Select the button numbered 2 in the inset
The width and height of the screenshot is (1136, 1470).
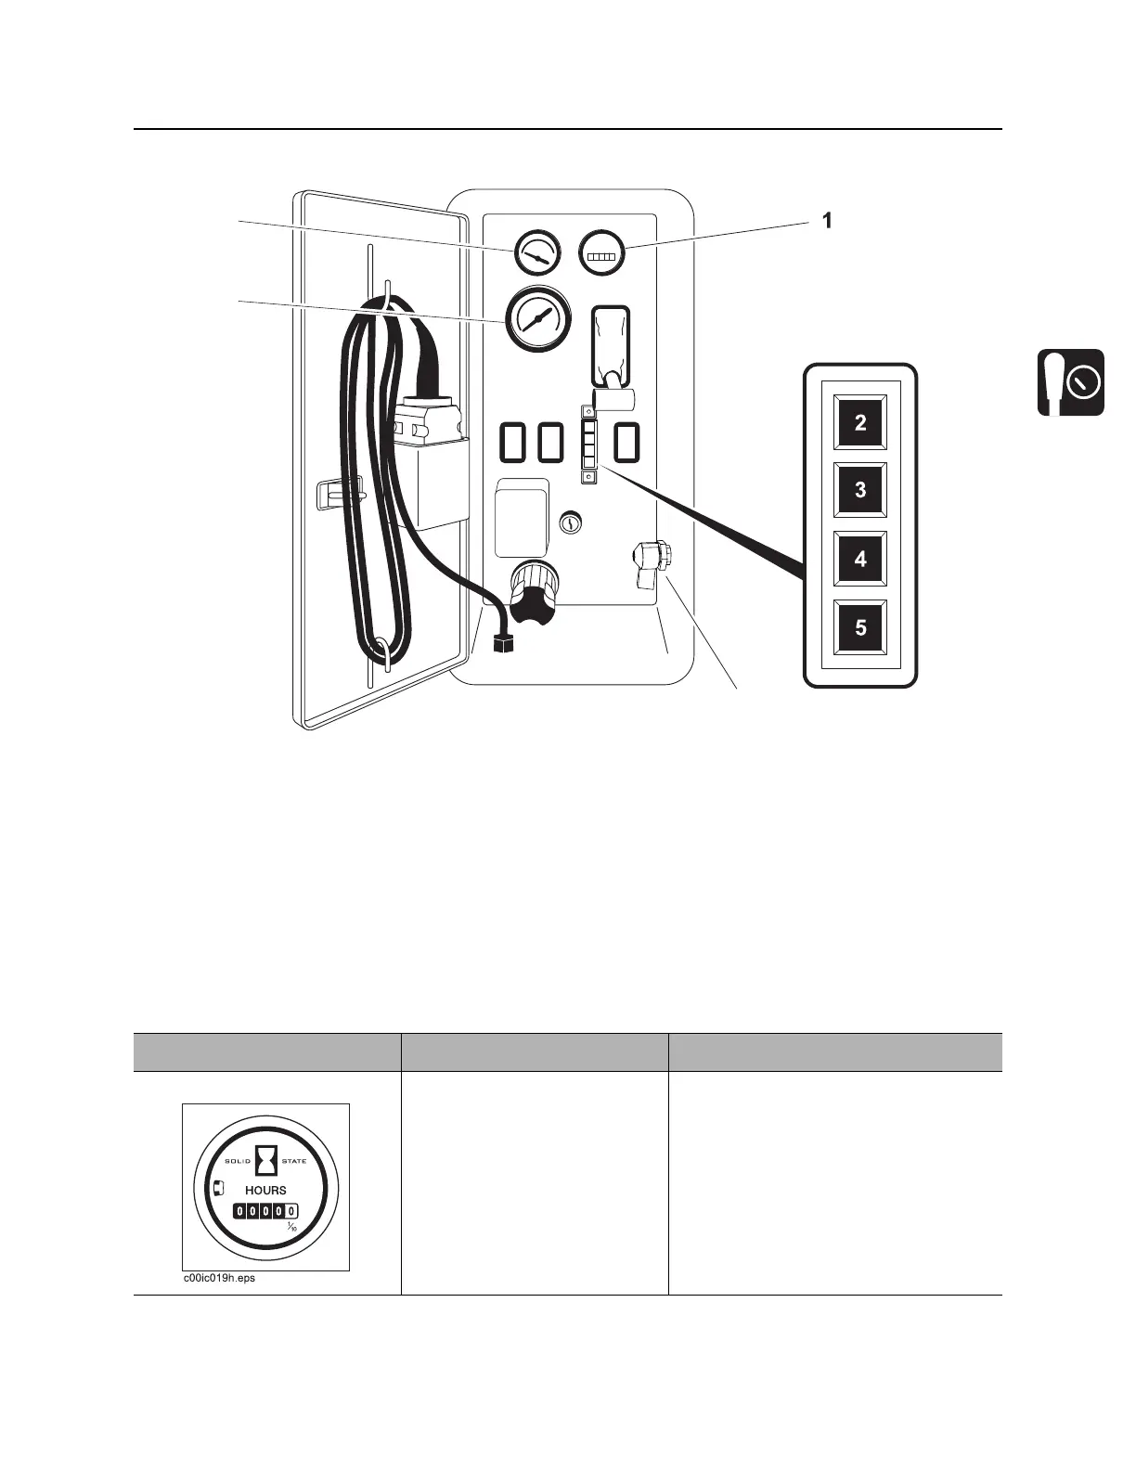pyautogui.click(x=860, y=422)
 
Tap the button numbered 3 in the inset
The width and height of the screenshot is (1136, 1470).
pyautogui.click(x=860, y=489)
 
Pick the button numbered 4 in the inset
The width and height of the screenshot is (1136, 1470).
pyautogui.click(x=860, y=559)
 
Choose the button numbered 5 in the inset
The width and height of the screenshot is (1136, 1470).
pyautogui.click(x=860, y=627)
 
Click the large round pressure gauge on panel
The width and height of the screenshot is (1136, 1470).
pyautogui.click(x=536, y=318)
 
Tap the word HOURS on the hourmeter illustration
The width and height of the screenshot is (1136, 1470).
pyautogui.click(x=265, y=1190)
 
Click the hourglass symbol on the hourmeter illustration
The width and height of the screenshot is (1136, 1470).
pyautogui.click(x=266, y=1160)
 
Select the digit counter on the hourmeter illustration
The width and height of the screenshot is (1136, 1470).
pyautogui.click(x=265, y=1211)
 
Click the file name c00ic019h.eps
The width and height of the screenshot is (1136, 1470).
pyautogui.click(x=218, y=1278)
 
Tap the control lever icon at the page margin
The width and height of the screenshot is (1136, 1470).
pyautogui.click(x=1070, y=382)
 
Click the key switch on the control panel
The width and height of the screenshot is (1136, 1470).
pyautogui.click(x=572, y=523)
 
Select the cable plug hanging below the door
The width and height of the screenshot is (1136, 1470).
pyautogui.click(x=505, y=640)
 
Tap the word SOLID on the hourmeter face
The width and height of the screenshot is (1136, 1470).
pyautogui.click(x=239, y=1161)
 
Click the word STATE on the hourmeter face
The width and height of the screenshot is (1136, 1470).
pyautogui.click(x=293, y=1161)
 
